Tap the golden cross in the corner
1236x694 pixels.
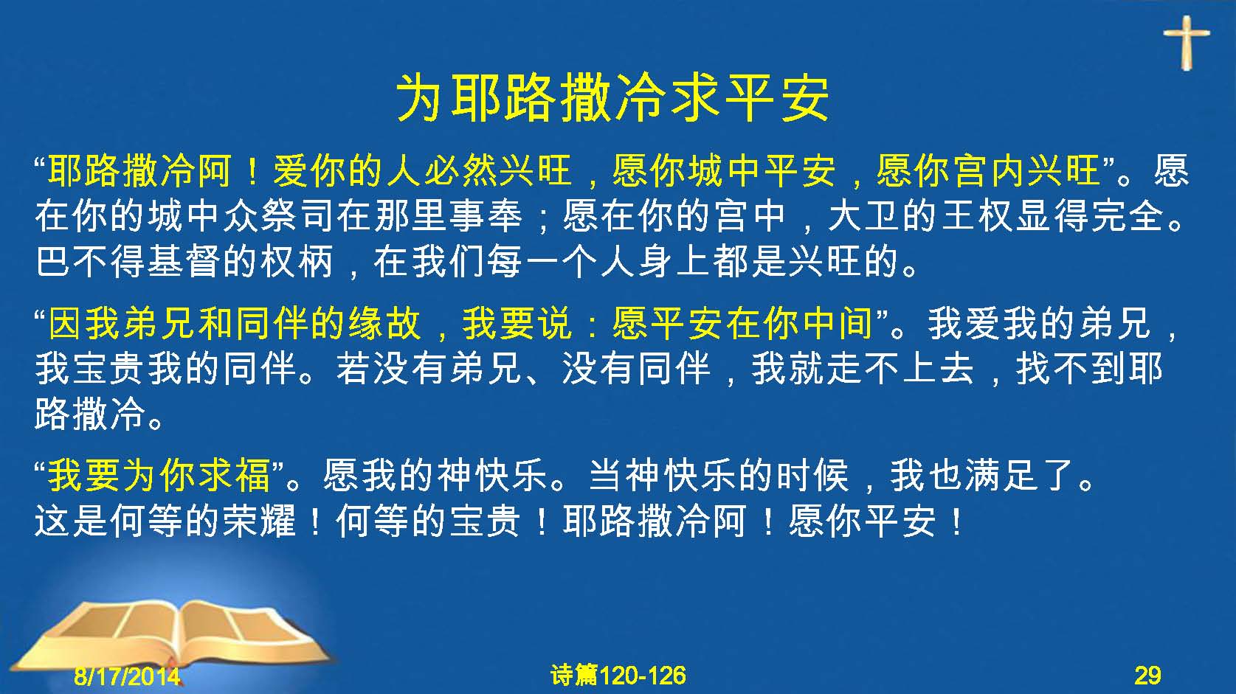point(1187,42)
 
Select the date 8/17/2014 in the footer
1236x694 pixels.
point(127,676)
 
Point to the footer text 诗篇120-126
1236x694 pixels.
point(618,676)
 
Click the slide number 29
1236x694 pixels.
point(1148,676)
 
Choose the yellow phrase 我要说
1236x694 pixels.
point(517,324)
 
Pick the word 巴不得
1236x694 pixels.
point(92,261)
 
